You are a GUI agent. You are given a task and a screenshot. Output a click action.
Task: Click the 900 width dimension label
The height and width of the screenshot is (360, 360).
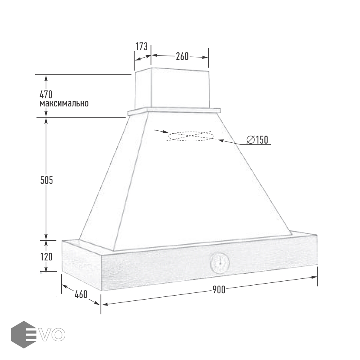click(x=219, y=290)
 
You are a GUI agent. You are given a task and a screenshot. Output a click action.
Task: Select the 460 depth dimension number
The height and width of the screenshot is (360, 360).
click(x=81, y=294)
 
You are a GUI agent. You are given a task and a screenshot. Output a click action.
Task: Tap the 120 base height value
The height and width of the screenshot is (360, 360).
click(x=46, y=257)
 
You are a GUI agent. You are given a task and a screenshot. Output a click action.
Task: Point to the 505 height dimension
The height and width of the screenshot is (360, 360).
click(x=47, y=180)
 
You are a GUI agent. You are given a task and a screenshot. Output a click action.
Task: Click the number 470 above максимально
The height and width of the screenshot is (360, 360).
click(x=46, y=94)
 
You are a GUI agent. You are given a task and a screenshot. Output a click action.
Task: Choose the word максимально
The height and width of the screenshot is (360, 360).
click(x=64, y=103)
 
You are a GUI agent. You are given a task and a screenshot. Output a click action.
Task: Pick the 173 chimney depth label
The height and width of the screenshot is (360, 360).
click(x=142, y=46)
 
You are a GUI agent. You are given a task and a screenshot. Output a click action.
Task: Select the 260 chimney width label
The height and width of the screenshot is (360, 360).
click(x=182, y=56)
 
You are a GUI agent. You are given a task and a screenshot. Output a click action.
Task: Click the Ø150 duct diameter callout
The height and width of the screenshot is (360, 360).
click(x=257, y=140)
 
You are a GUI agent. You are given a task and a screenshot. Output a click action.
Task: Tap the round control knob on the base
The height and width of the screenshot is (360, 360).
click(x=220, y=263)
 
